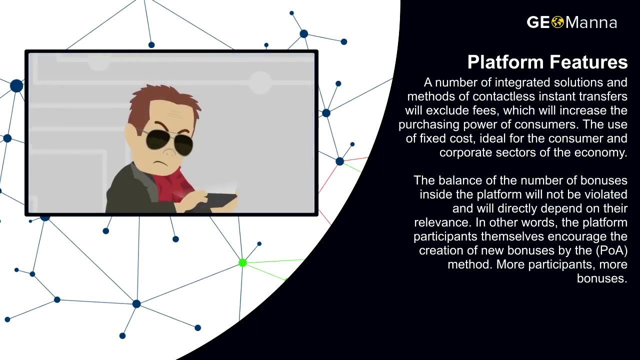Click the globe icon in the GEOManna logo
(558, 22)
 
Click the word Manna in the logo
(591, 22)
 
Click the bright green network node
(242, 263)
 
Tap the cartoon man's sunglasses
(168, 141)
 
